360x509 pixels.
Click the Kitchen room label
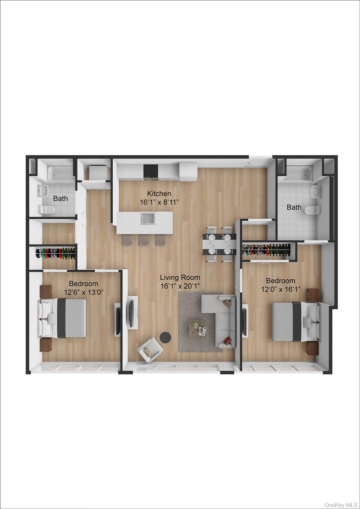[x=159, y=194]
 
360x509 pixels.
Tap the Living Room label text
[x=180, y=277]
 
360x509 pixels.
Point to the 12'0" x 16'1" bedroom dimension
[x=280, y=289]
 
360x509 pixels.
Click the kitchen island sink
[x=147, y=218]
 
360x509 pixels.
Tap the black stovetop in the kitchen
[x=150, y=171]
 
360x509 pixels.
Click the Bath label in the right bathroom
[x=294, y=207]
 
